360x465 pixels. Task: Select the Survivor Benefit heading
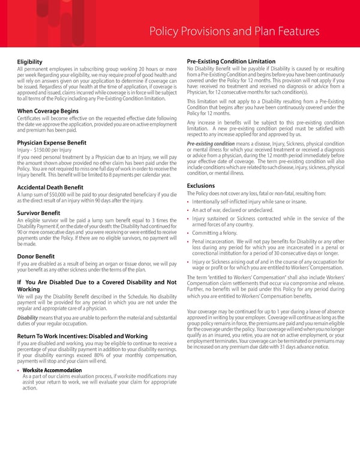38,213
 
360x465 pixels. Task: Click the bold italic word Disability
27,318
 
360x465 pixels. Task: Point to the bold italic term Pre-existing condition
211,144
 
